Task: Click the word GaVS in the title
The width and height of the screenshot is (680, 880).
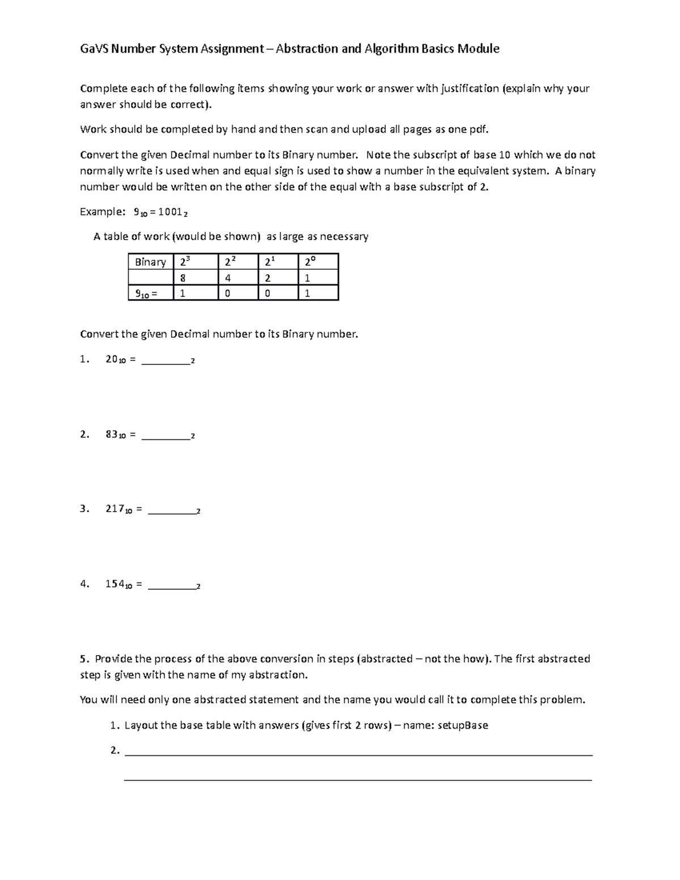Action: pyautogui.click(x=94, y=49)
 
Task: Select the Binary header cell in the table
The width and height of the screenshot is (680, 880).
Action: pyautogui.click(x=150, y=262)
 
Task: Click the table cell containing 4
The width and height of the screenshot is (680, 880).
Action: pyautogui.click(x=237, y=278)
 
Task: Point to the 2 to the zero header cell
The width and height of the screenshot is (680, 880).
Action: pyautogui.click(x=318, y=262)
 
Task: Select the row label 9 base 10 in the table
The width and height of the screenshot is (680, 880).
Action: pyautogui.click(x=150, y=293)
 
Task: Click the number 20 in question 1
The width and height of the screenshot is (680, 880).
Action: pyautogui.click(x=112, y=359)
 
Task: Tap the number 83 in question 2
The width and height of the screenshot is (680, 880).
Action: pyautogui.click(x=112, y=435)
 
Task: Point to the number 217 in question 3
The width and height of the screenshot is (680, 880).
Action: pyautogui.click(x=114, y=509)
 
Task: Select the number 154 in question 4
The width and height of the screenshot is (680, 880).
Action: pyautogui.click(x=114, y=584)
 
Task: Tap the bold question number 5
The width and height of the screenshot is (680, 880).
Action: pyautogui.click(x=84, y=659)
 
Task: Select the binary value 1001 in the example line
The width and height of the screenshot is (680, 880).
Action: pyautogui.click(x=170, y=212)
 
